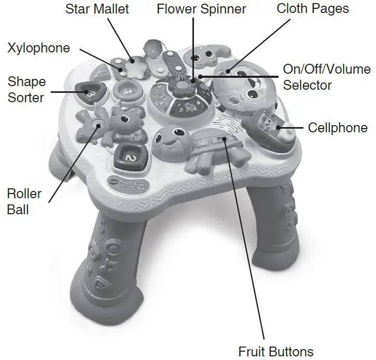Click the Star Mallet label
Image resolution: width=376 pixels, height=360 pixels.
point(97,9)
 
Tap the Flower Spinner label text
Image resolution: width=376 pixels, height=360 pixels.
point(201,9)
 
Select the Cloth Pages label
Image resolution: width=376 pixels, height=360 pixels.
point(313,9)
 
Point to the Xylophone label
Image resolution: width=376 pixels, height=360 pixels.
point(38,48)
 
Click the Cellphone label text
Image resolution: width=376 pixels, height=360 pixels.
point(338,128)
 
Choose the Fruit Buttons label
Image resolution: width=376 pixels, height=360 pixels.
point(276,352)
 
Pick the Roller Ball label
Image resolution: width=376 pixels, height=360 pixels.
point(24,201)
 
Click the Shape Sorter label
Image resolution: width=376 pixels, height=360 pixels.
point(26,89)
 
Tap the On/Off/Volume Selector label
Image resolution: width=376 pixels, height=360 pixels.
point(327,77)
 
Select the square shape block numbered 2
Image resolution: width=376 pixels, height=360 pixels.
point(131,157)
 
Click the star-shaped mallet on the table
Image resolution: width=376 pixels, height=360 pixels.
point(135,67)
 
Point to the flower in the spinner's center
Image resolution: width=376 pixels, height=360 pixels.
point(182,86)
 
